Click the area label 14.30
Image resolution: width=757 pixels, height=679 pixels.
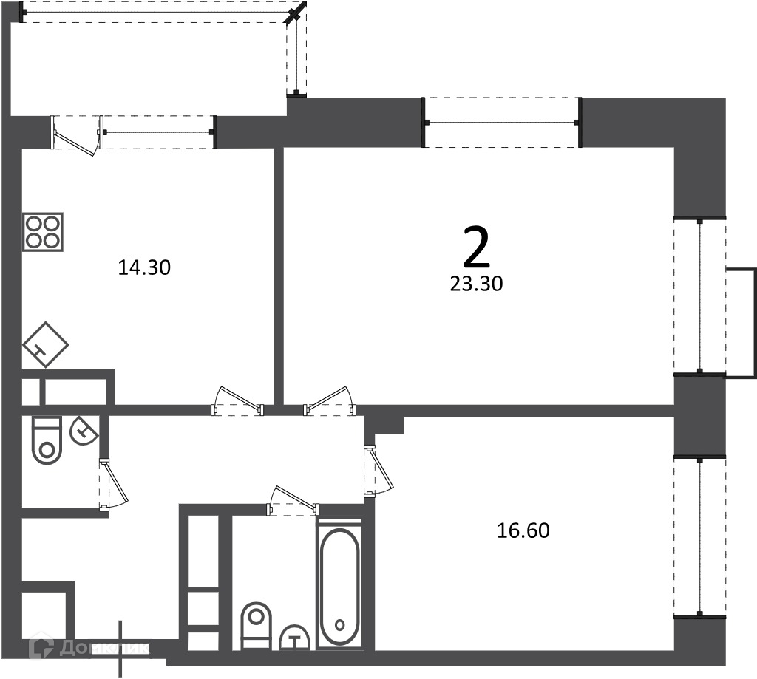pyautogui.click(x=144, y=267)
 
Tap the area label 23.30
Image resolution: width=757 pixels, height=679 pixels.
pyautogui.click(x=477, y=284)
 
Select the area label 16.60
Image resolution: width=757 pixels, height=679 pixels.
pyautogui.click(x=523, y=530)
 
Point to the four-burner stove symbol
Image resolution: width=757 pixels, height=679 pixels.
pyautogui.click(x=42, y=232)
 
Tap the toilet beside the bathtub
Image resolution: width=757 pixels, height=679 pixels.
pyautogui.click(x=256, y=625)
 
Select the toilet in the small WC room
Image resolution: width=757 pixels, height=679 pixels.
pyautogui.click(x=47, y=440)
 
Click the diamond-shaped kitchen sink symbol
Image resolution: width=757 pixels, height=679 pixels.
pyautogui.click(x=45, y=344)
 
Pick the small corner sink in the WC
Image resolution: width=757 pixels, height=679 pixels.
pyautogui.click(x=84, y=430)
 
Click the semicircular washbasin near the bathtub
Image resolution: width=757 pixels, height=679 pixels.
pyautogui.click(x=294, y=638)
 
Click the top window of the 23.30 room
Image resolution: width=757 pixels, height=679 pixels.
pyautogui.click(x=502, y=122)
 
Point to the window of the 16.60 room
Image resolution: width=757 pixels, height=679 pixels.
pyautogui.click(x=700, y=536)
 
